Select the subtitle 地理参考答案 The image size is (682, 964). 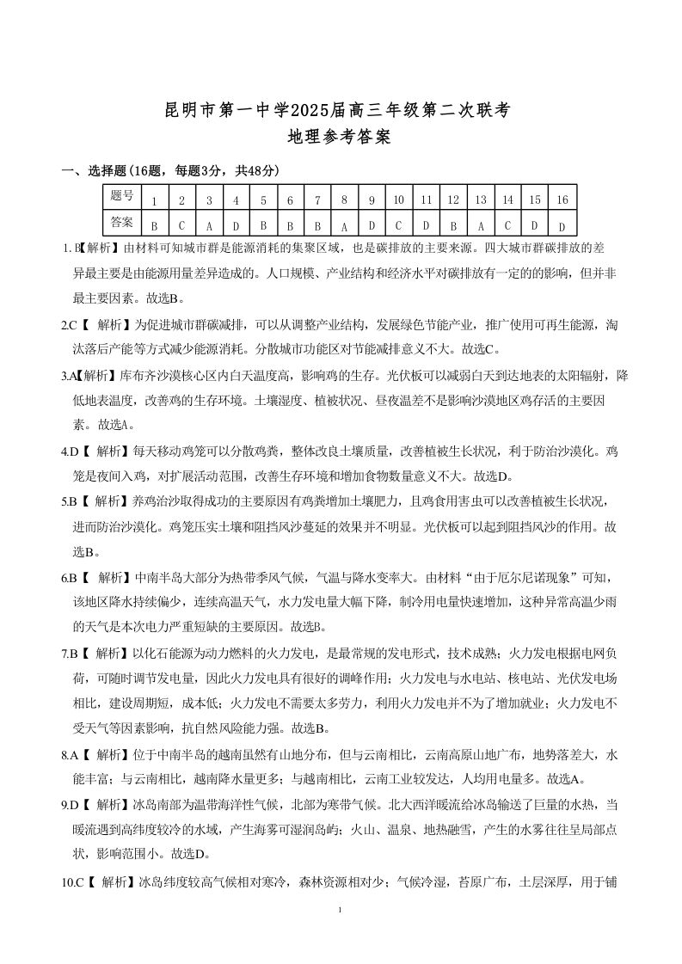coord(341,138)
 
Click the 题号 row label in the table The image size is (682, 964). coord(121,196)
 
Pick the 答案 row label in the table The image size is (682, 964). coord(121,222)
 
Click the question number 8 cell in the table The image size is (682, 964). coord(344,200)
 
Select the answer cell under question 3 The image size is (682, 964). coord(209,226)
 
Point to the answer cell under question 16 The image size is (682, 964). coord(562,226)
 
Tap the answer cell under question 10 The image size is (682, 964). coord(399,226)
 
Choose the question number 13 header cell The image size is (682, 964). coord(481,200)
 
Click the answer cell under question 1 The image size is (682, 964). coord(154,226)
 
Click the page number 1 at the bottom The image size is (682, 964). coord(341,910)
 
